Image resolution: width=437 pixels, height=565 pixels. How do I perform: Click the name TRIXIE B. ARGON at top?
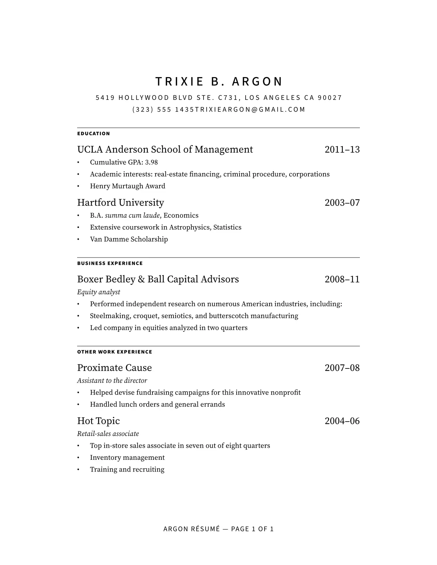pos(219,82)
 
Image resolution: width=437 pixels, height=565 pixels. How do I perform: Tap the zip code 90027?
pos(330,98)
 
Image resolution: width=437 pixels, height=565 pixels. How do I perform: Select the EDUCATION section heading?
pos(94,134)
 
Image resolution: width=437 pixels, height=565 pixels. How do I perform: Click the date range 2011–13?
pos(342,149)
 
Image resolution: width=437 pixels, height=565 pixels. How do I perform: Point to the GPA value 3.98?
pos(151,162)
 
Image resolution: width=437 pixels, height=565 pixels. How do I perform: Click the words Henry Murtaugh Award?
pos(127,186)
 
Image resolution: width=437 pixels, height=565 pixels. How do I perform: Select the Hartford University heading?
pos(120,203)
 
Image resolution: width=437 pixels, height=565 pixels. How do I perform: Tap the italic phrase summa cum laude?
pos(132,215)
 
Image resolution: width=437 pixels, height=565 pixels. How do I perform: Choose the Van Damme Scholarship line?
pos(129,239)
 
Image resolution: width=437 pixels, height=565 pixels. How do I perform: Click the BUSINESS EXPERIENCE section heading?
pos(110,264)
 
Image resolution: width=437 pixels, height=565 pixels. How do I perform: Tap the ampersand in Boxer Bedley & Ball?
pos(141,279)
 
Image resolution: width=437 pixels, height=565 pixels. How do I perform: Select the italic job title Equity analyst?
pos(99,292)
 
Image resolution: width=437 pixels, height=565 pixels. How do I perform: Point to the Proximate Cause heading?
pos(114,368)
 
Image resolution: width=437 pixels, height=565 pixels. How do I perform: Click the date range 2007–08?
pos(342,368)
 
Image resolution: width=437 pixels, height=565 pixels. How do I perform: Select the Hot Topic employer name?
pos(99,421)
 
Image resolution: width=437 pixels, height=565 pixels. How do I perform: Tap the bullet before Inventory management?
pos(78,458)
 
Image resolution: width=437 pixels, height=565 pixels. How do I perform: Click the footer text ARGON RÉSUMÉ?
pos(191,529)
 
